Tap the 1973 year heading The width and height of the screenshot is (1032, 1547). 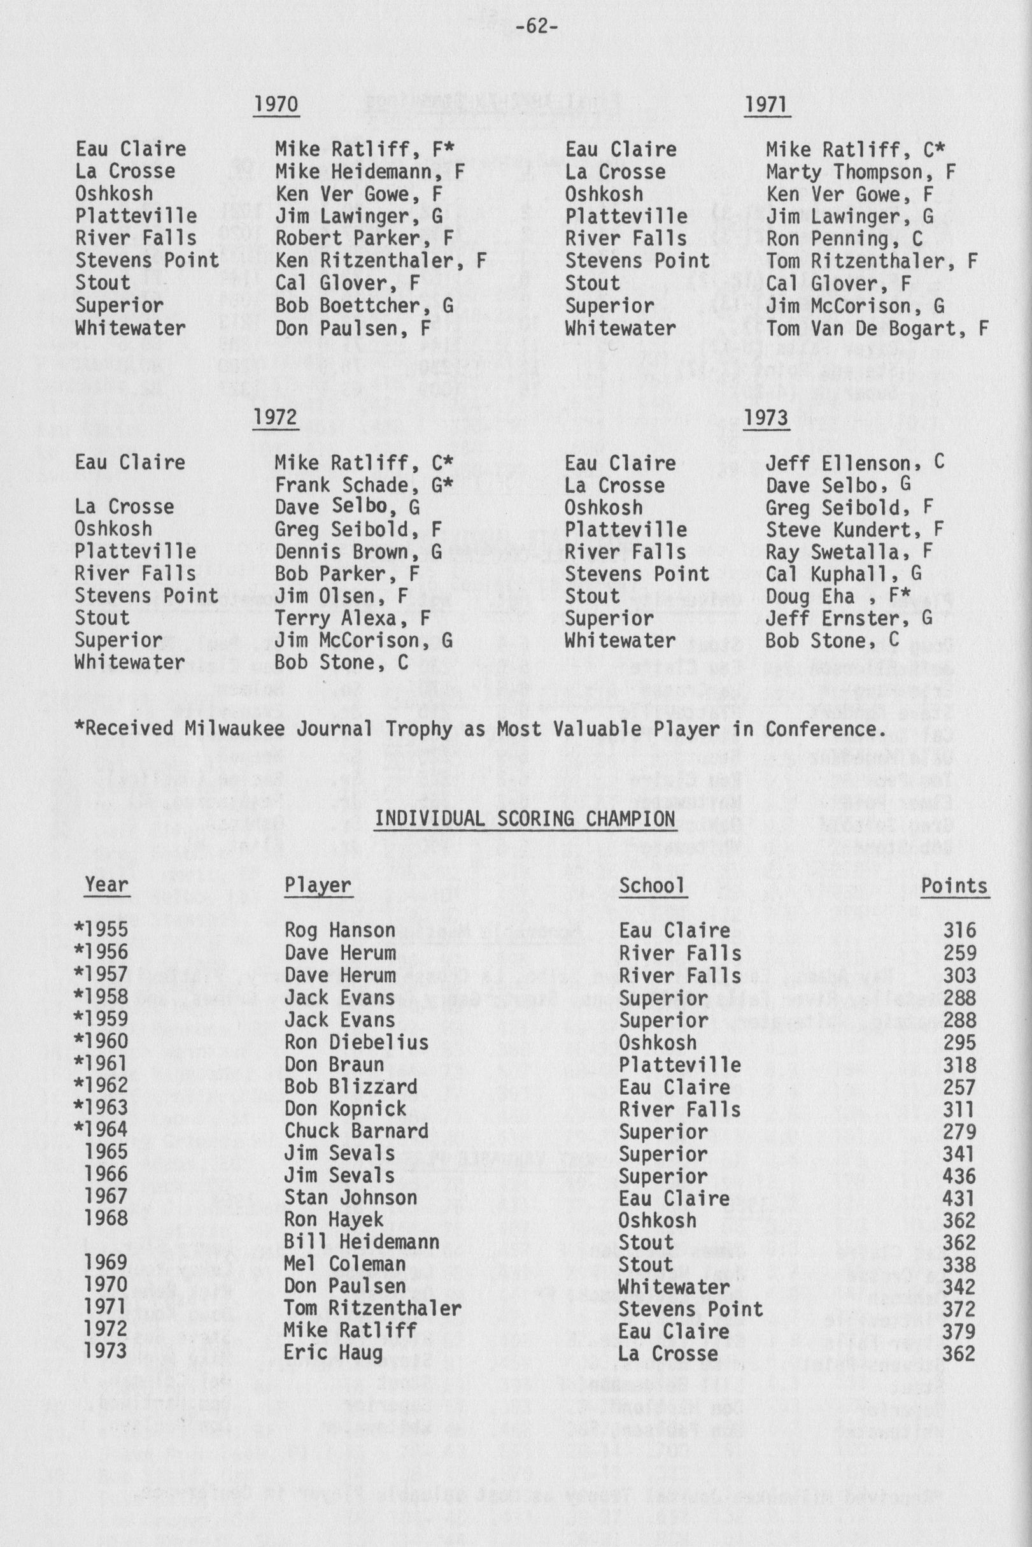(x=766, y=419)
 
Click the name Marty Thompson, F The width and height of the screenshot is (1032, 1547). (x=860, y=173)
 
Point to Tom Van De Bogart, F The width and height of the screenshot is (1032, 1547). (x=877, y=329)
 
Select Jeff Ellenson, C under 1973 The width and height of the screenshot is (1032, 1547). (x=854, y=464)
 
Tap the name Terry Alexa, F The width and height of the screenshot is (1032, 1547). (x=352, y=618)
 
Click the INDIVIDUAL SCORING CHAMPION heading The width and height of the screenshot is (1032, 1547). (x=525, y=818)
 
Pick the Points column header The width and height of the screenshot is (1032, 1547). (x=954, y=886)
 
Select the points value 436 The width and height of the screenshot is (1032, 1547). (x=958, y=1176)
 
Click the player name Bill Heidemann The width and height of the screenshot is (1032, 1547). (x=362, y=1242)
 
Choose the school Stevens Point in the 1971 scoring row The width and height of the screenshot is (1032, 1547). (x=690, y=1309)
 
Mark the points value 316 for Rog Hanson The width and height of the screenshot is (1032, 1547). (x=958, y=930)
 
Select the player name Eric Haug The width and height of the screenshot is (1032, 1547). (x=333, y=1353)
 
